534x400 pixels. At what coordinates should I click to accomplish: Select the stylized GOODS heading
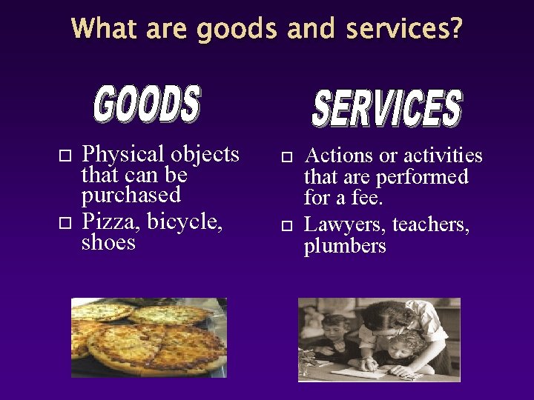click(x=148, y=104)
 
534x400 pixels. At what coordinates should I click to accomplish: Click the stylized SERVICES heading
click(x=386, y=108)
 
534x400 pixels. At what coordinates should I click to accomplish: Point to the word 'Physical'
click(x=123, y=155)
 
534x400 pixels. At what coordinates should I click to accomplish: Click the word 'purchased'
click(x=131, y=195)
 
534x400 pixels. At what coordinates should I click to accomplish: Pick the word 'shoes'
click(x=108, y=242)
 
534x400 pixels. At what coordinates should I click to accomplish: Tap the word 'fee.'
click(x=363, y=199)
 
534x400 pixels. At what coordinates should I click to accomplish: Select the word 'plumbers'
click(x=345, y=246)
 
